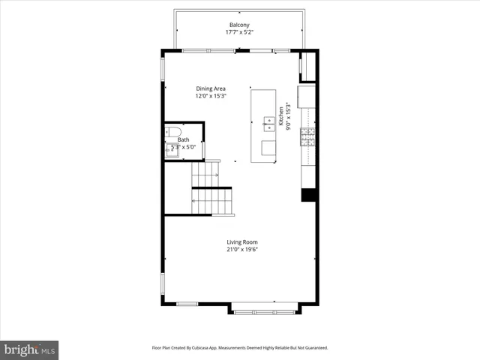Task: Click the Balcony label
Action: tap(239, 25)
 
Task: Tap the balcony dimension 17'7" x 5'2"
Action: tap(239, 32)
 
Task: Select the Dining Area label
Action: tap(211, 88)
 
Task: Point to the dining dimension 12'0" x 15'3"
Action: tap(211, 96)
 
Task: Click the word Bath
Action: tap(183, 140)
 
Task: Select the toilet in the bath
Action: tap(171, 131)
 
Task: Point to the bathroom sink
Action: tap(172, 149)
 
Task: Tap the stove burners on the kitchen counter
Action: tap(307, 136)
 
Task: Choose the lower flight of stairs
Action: tap(212, 201)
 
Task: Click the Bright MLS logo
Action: tap(28, 349)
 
